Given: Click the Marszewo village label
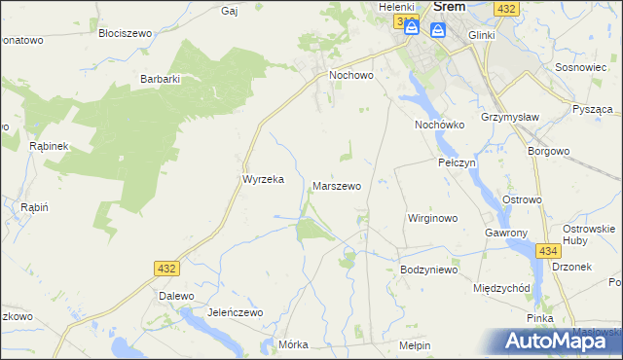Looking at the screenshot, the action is pos(336,186).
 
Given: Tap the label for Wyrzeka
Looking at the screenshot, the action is pos(262,180).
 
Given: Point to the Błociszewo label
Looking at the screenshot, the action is pos(126,33).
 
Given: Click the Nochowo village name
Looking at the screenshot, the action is pos(352,75).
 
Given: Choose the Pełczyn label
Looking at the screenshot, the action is pos(456,163).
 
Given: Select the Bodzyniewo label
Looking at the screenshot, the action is pos(428,270).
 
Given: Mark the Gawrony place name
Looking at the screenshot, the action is pos(505,234).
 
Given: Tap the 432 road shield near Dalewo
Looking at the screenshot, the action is pos(166,267).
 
